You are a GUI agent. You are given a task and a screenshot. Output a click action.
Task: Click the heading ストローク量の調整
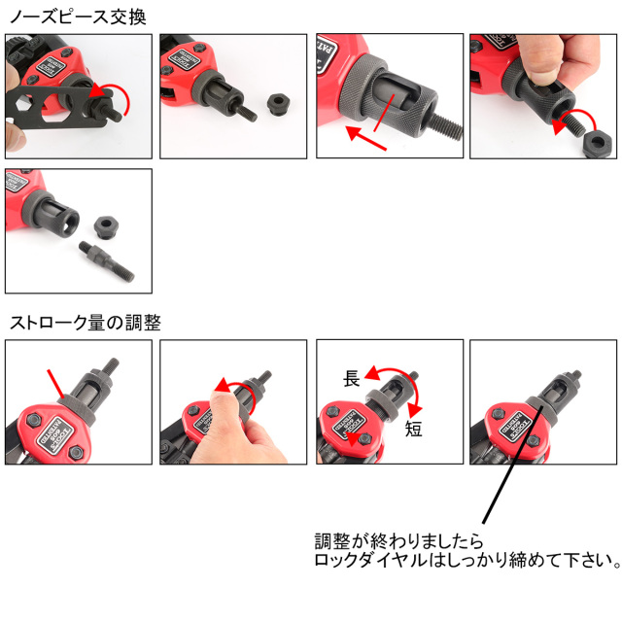pyautogui.click(x=85, y=323)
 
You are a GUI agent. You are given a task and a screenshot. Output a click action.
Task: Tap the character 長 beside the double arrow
pyautogui.click(x=352, y=379)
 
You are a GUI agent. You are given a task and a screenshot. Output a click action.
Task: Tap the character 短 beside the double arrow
pyautogui.click(x=414, y=429)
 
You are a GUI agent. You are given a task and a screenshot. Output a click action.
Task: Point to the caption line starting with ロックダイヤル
pyautogui.click(x=467, y=561)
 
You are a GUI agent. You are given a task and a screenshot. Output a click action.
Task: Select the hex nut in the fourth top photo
pyautogui.click(x=595, y=144)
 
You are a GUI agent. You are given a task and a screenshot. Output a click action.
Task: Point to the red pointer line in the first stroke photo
pyautogui.click(x=59, y=383)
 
